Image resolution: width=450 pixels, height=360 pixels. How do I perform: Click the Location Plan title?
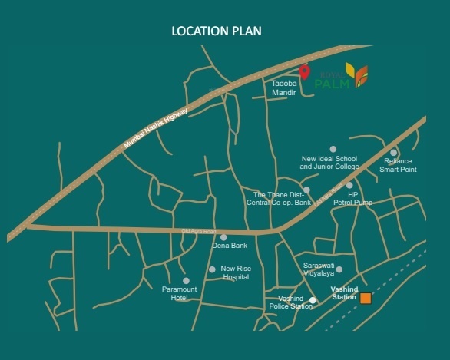[x=217, y=31]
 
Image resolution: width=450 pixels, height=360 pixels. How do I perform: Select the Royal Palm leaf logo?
[x=357, y=74]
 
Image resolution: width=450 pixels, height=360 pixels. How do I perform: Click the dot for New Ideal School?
[x=333, y=149]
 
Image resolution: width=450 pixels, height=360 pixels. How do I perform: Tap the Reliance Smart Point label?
[x=399, y=165]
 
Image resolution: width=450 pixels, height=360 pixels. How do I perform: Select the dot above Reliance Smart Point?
[x=393, y=153]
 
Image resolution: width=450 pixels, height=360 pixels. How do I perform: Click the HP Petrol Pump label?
[x=352, y=198]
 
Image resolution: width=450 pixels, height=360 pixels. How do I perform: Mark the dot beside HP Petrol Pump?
[x=349, y=185]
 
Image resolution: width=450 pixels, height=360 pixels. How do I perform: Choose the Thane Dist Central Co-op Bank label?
[x=279, y=198]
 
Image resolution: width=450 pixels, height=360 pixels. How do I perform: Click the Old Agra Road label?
[x=199, y=231]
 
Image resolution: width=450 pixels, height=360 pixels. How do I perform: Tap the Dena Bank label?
[x=229, y=246]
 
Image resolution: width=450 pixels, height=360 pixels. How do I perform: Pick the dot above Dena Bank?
[x=223, y=237]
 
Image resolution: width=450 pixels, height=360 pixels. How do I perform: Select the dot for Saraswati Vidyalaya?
[x=339, y=269]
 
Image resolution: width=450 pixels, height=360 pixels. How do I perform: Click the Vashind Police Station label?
[x=290, y=302]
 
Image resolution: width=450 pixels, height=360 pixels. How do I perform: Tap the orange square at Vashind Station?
[x=366, y=298]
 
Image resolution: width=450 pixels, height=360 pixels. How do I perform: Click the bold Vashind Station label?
[x=344, y=292]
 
